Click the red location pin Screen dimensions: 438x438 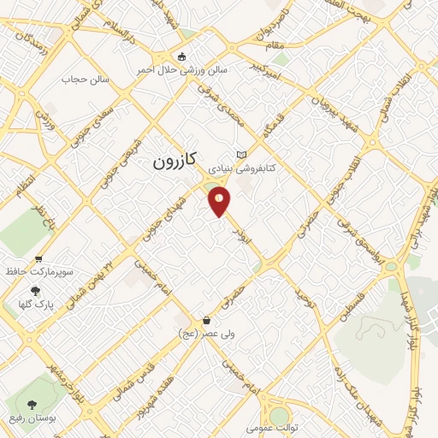(x=220, y=202)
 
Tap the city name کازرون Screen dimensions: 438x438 (x=177, y=160)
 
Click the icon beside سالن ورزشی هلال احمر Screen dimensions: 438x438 (x=181, y=57)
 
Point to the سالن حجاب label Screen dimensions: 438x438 (x=81, y=79)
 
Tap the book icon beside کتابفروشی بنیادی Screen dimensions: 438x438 (x=241, y=154)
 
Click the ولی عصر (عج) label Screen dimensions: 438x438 (x=205, y=332)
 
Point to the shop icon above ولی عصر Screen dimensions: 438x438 (x=206, y=319)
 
